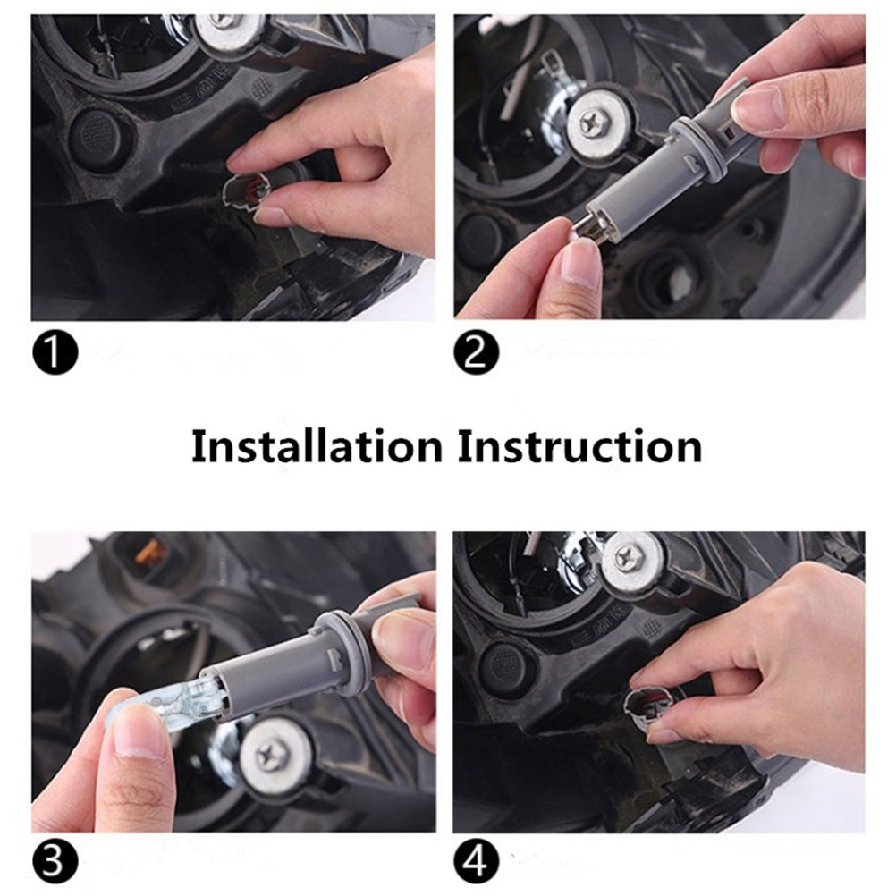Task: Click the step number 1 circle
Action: click(55, 352)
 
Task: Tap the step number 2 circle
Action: click(476, 352)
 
